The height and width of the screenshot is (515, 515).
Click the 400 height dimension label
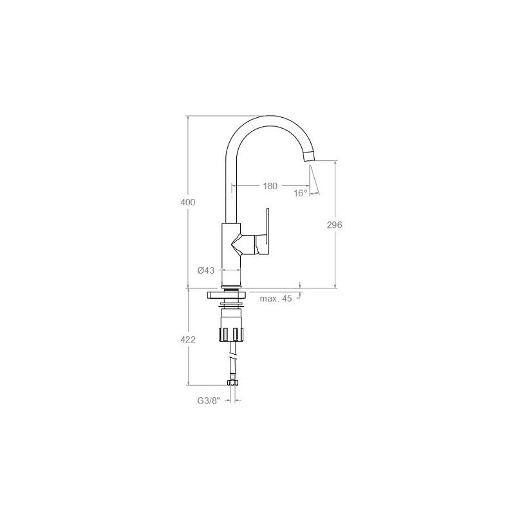(x=188, y=202)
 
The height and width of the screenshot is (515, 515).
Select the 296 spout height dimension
(x=334, y=225)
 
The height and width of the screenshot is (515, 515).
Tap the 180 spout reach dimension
(x=270, y=186)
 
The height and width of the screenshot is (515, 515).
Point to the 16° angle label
(x=301, y=193)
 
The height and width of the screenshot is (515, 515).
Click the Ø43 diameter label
(x=206, y=270)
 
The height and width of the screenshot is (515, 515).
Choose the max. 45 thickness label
(x=276, y=299)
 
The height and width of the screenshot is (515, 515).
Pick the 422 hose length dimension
(x=188, y=340)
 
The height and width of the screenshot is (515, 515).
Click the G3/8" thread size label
(x=208, y=400)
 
